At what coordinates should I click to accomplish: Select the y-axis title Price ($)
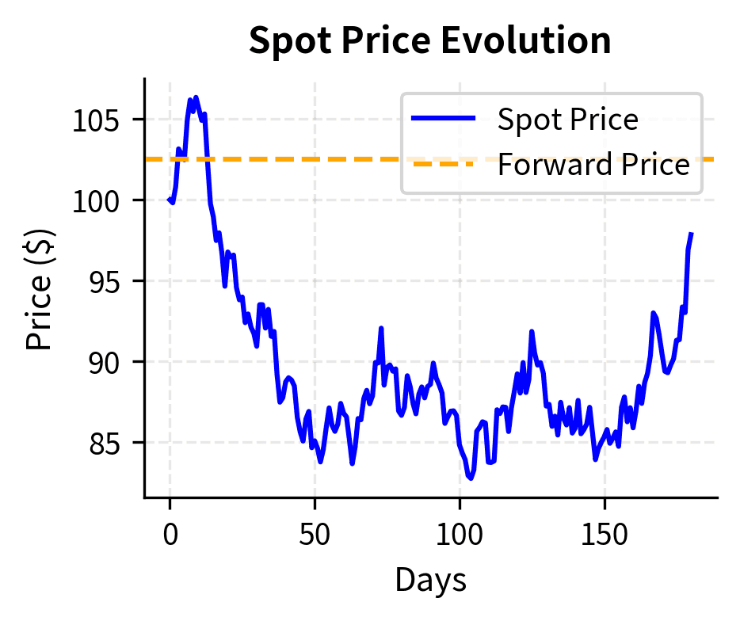(39, 288)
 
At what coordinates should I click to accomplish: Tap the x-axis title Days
(430, 581)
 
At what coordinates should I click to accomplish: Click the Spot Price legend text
(567, 120)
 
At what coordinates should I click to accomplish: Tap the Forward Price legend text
(593, 165)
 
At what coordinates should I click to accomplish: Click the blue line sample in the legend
(444, 120)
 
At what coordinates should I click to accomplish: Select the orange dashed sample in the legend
(444, 165)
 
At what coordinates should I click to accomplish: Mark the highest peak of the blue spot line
(196, 97)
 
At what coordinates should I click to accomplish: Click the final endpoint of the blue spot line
(692, 234)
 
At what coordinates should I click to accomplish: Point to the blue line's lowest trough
(471, 478)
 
